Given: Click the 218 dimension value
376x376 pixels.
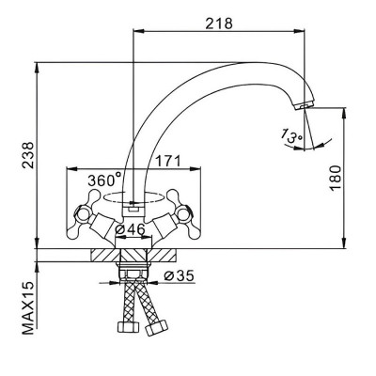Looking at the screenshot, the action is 219,23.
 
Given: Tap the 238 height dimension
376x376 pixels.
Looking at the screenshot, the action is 28,155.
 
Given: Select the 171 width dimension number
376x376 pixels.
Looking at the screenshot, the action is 168,161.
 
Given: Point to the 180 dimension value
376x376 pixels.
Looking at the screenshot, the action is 335,178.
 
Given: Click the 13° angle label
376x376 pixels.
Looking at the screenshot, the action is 291,136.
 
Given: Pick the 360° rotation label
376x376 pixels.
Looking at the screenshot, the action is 104,180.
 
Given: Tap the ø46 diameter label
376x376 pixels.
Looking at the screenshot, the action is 130,229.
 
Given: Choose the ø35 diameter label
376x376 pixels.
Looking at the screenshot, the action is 180,275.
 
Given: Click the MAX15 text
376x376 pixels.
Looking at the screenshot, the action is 28,308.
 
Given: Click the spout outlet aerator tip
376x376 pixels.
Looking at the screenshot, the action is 304,105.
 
